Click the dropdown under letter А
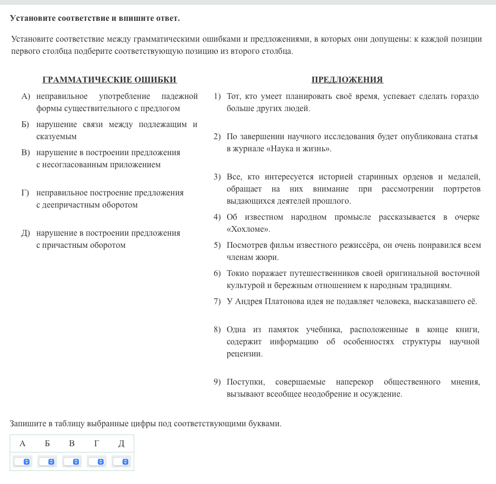pyautogui.click(x=23, y=462)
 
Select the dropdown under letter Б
pyautogui.click(x=47, y=462)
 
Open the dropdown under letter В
pyautogui.click(x=72, y=462)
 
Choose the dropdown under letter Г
pyautogui.click(x=96, y=462)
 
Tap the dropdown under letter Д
pyautogui.click(x=121, y=462)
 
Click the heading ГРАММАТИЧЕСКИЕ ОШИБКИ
pyautogui.click(x=109, y=80)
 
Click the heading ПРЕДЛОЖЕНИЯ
pyautogui.click(x=347, y=80)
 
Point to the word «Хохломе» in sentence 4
pyautogui.click(x=248, y=229)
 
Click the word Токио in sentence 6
pyautogui.click(x=237, y=274)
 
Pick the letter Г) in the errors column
pyautogui.click(x=25, y=193)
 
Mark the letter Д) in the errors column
pyautogui.click(x=26, y=233)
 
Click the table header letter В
pyautogui.click(x=72, y=443)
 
